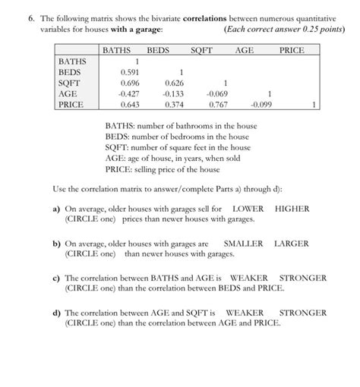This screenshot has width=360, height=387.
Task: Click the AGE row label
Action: coord(68,93)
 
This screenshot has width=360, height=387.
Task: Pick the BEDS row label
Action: coord(69,72)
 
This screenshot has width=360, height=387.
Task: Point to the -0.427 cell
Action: coord(129,93)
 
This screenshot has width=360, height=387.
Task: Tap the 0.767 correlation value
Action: coord(218,105)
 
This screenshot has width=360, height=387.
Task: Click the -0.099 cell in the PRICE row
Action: coord(261,105)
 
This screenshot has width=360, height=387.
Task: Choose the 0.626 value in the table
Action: coord(174,83)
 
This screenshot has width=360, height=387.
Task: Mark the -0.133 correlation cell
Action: coord(173,93)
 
